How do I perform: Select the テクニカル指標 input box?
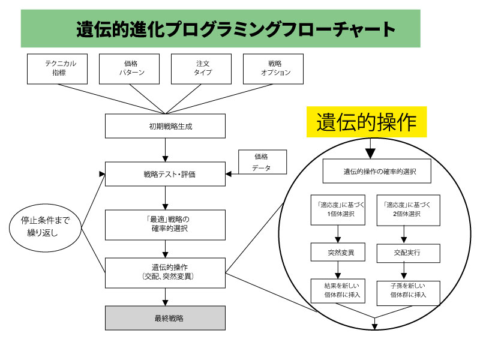57,68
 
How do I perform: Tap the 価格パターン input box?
129,68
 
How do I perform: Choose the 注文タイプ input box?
201,68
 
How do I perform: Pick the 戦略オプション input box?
273,68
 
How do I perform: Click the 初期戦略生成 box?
165,126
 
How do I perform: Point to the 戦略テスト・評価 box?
165,175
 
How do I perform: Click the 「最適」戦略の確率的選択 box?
165,224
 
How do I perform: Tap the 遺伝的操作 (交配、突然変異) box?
165,272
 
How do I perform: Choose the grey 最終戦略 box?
165,318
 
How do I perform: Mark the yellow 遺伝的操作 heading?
366,122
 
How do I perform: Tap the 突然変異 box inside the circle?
338,253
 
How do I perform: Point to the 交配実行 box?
408,253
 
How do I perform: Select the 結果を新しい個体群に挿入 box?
338,291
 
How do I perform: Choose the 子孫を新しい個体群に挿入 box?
408,291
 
